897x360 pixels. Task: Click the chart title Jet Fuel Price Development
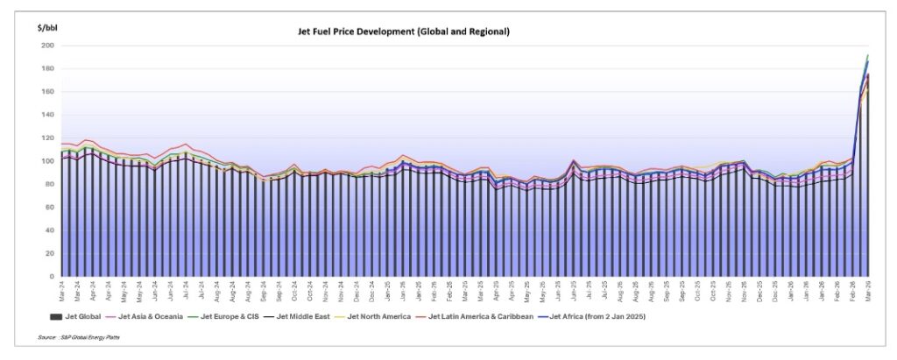[404, 32]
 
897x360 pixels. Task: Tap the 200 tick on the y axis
[47, 46]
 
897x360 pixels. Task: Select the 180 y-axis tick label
[47, 68]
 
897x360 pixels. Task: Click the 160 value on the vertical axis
[47, 92]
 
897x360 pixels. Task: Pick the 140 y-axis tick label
[47, 115]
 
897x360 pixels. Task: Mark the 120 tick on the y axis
[47, 138]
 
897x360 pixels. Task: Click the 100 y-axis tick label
[47, 161]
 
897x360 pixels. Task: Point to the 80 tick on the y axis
[49, 184]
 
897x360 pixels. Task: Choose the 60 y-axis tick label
[49, 207]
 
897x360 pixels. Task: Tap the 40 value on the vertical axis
[49, 230]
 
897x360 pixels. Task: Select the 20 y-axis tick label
[49, 253]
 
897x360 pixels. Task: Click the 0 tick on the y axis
[51, 276]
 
